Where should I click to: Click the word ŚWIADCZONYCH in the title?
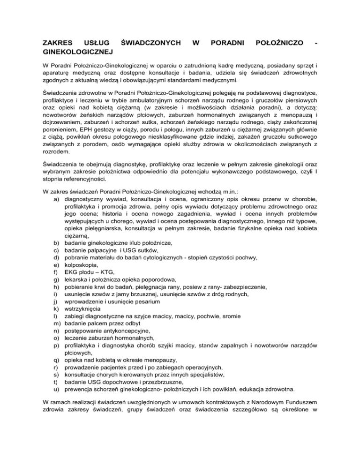150,43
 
